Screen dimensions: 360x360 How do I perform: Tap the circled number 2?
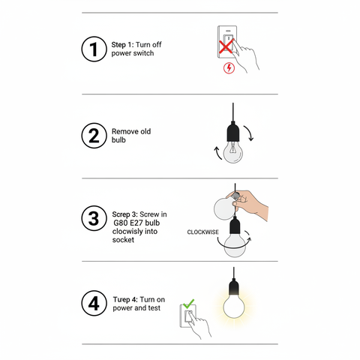pyautogui.click(x=93, y=136)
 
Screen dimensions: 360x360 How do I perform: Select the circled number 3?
pyautogui.click(x=93, y=219)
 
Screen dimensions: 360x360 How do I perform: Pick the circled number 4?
pyautogui.click(x=93, y=304)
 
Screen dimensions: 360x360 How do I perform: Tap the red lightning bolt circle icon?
pyautogui.click(x=229, y=69)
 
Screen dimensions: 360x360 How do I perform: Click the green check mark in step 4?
pyautogui.click(x=188, y=304)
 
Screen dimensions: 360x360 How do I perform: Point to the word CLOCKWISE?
pyautogui.click(x=203, y=232)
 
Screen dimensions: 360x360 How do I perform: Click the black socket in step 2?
pyautogui.click(x=235, y=133)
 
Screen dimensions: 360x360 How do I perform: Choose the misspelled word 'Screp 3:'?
pyautogui.click(x=124, y=214)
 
